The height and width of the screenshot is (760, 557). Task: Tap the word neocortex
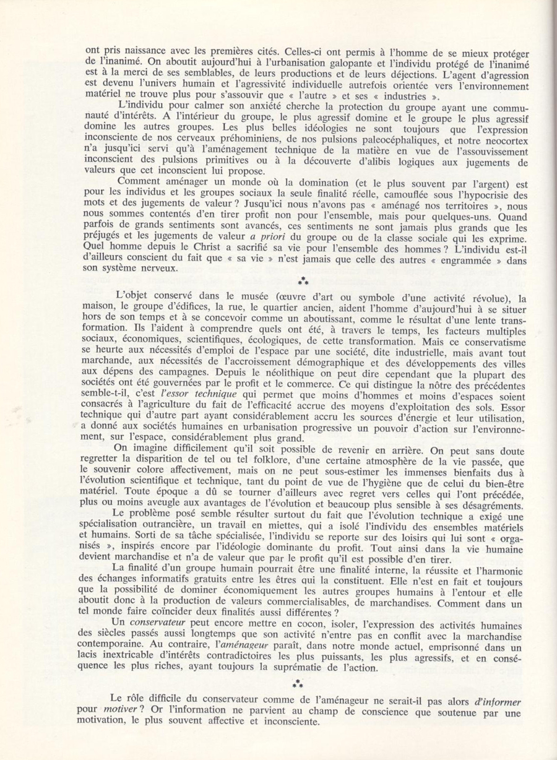tap(499, 140)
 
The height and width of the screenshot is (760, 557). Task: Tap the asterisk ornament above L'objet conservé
tap(303, 281)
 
